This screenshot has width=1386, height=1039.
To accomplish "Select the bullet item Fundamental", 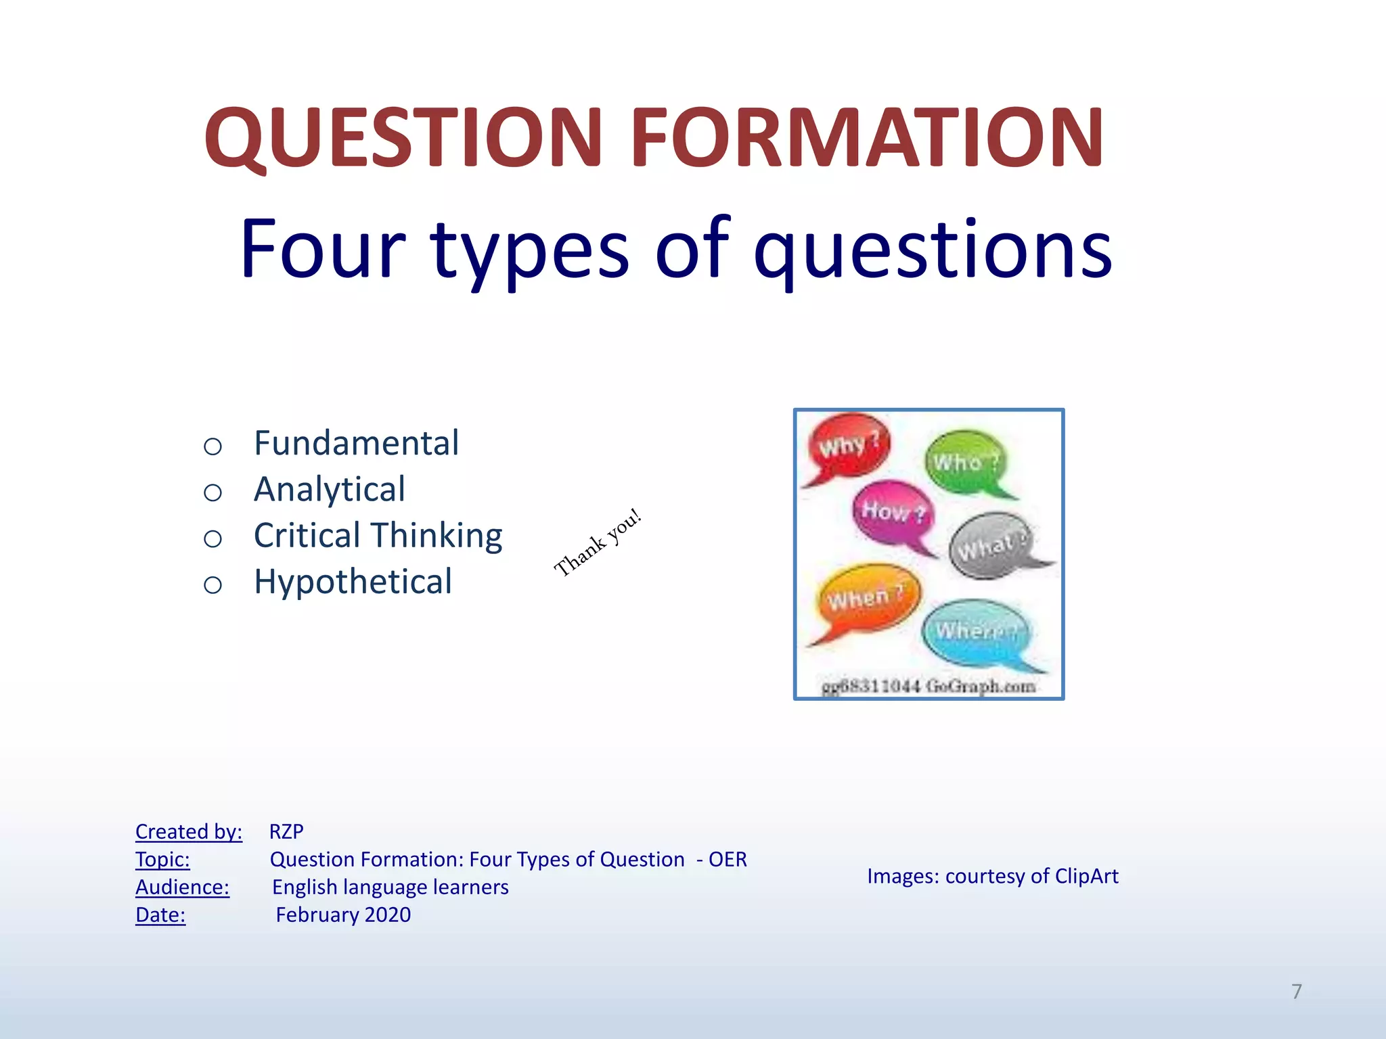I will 356,444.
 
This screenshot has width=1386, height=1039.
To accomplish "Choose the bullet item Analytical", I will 330,490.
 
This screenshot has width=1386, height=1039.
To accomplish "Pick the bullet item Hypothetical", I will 353,582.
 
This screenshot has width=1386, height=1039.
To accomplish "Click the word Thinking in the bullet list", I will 439,536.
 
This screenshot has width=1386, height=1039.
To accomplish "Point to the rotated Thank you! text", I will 598,542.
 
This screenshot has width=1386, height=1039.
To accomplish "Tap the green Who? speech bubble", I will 965,462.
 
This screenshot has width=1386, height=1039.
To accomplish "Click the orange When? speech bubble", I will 868,598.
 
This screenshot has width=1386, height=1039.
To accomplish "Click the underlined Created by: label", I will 189,831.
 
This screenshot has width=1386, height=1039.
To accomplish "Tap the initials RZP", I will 286,831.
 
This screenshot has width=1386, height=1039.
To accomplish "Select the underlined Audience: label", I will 182,887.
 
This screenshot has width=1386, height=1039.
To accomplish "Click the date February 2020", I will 343,915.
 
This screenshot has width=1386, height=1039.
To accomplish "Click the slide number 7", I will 1296,991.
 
